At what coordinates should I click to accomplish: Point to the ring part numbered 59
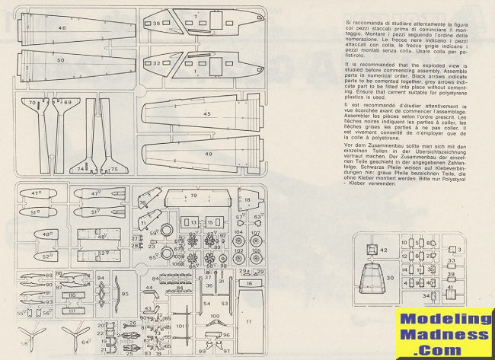coord(163,234)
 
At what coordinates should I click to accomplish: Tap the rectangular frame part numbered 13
coord(194,223)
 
